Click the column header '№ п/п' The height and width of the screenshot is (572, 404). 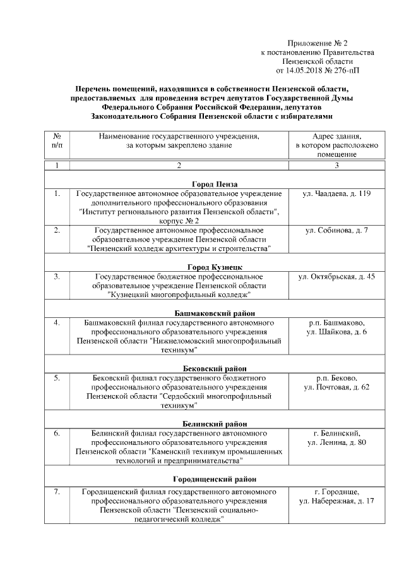pyautogui.click(x=57, y=141)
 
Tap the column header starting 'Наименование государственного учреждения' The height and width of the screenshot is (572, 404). pyautogui.click(x=179, y=141)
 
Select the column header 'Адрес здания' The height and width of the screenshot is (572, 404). pyautogui.click(x=336, y=145)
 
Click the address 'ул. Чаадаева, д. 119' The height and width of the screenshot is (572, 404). pyautogui.click(x=336, y=193)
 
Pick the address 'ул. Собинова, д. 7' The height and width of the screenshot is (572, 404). pyautogui.click(x=336, y=230)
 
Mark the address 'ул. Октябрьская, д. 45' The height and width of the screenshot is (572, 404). pyautogui.click(x=336, y=277)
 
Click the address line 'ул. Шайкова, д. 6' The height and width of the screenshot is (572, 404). pyautogui.click(x=336, y=332)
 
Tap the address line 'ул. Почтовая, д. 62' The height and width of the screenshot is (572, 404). pyautogui.click(x=336, y=387)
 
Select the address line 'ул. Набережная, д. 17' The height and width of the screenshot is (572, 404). pyautogui.click(x=336, y=501)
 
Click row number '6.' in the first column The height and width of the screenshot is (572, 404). pyautogui.click(x=57, y=434)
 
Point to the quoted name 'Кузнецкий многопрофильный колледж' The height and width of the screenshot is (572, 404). pyautogui.click(x=179, y=295)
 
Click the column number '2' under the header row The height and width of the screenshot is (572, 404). pyautogui.click(x=179, y=166)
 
